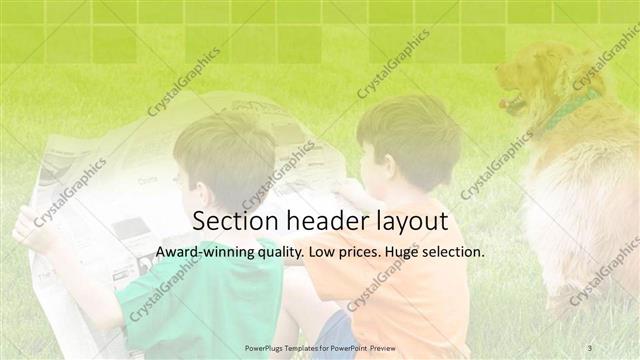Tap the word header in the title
tap(316, 221)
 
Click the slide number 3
tap(590, 347)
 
